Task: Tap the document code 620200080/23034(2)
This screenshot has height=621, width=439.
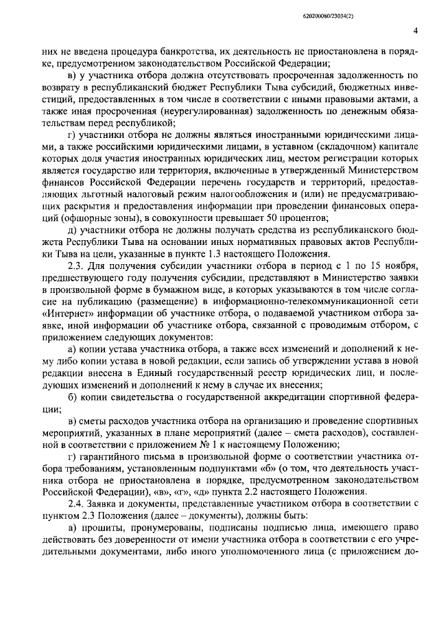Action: coord(377,13)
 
